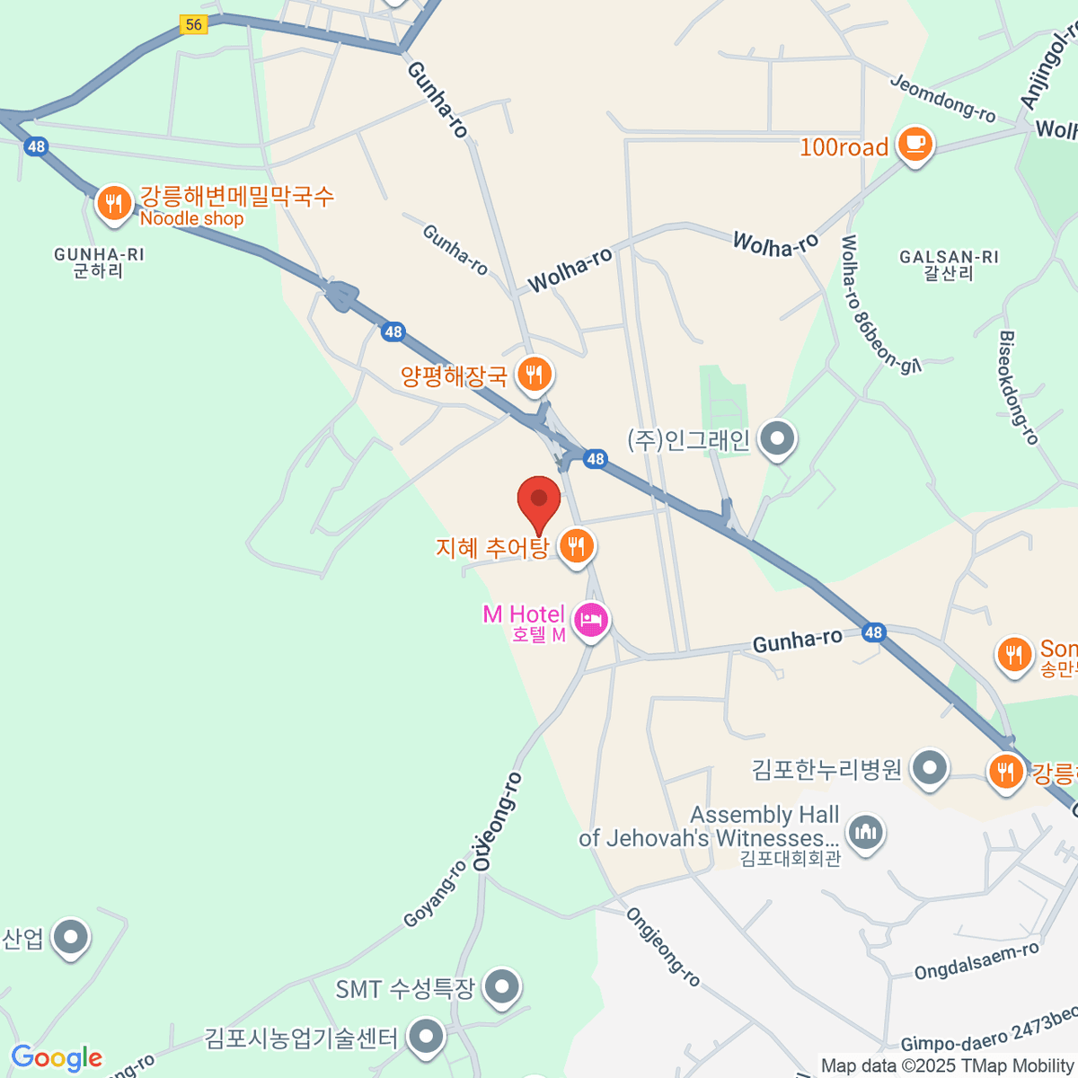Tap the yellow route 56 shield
[194, 25]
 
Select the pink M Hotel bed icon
[590, 620]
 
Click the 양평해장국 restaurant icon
[535, 373]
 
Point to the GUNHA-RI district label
[99, 262]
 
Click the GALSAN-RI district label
[949, 265]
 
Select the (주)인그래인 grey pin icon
[777, 439]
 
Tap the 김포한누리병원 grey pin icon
[930, 769]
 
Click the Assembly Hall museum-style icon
[865, 832]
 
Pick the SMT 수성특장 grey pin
[501, 987]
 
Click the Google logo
[57, 1057]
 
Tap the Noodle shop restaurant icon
[113, 204]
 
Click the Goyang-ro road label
[436, 894]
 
